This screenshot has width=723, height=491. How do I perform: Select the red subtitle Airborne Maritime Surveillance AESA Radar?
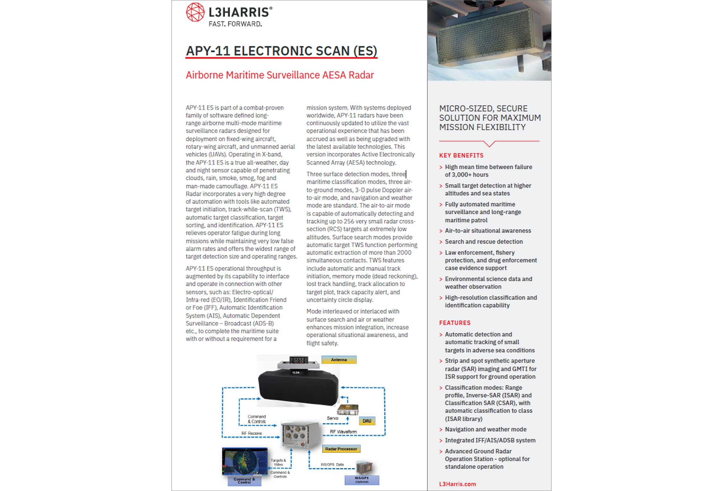280,75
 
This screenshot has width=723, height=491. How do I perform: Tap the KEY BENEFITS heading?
461,155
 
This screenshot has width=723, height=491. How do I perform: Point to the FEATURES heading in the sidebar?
455,323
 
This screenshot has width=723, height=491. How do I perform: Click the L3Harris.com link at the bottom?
457,484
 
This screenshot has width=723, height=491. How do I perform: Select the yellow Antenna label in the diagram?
339,360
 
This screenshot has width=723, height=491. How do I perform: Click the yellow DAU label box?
367,421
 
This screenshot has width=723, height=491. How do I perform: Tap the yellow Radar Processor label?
341,449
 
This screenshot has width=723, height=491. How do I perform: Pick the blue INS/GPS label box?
361,480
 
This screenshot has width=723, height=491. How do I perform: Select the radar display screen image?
245,461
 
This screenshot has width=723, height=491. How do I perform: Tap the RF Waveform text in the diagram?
343,432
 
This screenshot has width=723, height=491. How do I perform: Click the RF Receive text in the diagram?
252,433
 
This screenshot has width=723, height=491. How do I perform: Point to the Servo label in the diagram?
332,418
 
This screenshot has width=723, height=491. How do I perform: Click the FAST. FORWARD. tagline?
235,24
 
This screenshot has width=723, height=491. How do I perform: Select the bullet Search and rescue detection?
484,241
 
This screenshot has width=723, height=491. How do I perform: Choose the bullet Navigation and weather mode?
485,429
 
